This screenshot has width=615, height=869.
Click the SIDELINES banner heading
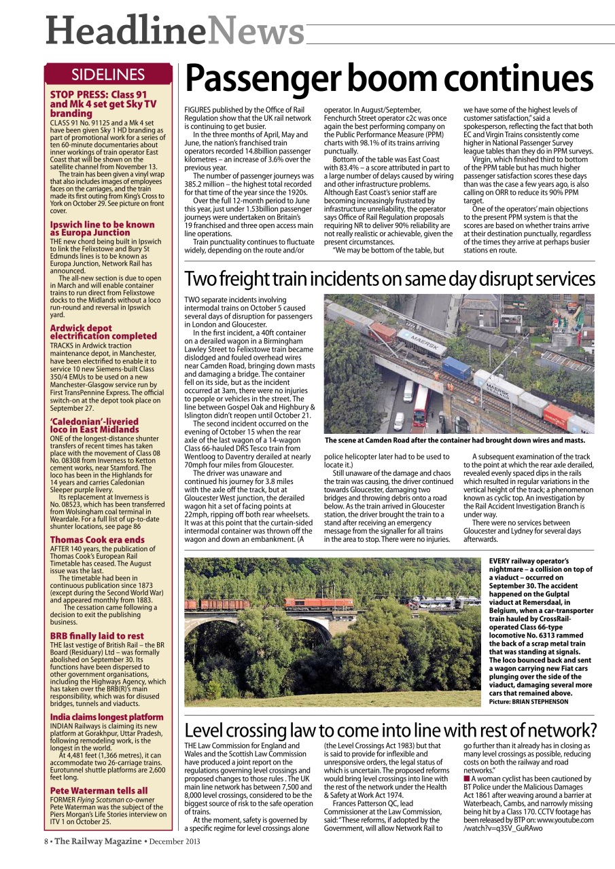108,75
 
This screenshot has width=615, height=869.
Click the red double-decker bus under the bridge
421,405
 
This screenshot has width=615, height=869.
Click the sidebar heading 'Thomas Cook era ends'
97,540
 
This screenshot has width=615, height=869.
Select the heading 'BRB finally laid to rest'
97,636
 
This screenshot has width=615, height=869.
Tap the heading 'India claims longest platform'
107,717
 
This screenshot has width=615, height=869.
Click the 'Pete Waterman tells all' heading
99,791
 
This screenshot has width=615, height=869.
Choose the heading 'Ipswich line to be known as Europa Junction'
102,228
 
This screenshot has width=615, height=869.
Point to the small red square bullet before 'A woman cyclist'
466,779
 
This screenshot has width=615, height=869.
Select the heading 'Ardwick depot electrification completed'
103,332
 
